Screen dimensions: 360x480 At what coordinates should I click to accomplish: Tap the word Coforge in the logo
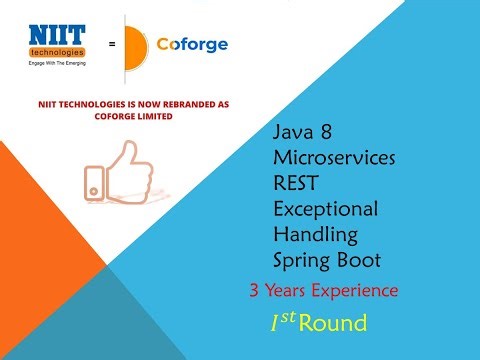(x=193, y=44)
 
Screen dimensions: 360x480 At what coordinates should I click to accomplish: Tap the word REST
(x=297, y=183)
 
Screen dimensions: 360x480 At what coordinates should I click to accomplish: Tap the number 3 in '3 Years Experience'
(x=255, y=291)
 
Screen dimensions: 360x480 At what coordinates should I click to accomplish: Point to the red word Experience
(x=355, y=291)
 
